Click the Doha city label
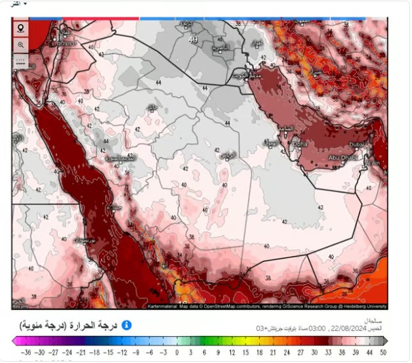[300, 143]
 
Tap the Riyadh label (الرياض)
[228, 154]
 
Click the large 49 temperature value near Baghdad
[192, 40]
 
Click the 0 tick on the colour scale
[177, 352]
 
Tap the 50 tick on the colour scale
[382, 352]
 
